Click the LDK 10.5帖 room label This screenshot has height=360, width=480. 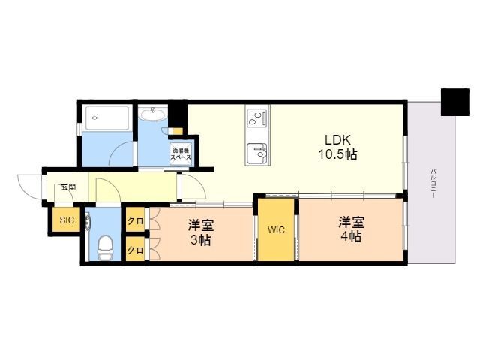(337, 147)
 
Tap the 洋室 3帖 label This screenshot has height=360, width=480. (201, 232)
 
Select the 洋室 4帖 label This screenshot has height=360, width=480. (352, 229)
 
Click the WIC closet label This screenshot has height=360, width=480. (276, 230)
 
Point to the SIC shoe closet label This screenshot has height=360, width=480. (67, 220)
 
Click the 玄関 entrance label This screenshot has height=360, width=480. (68, 187)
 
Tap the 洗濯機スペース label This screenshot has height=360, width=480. (181, 154)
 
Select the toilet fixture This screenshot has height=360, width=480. (105, 247)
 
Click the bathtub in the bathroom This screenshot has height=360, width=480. (106, 118)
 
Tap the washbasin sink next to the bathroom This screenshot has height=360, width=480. (153, 114)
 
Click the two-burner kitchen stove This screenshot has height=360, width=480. (257, 118)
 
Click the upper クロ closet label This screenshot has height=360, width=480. (135, 220)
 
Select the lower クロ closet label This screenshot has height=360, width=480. (135, 250)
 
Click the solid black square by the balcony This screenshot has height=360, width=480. (455, 102)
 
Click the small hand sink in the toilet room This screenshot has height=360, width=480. (88, 222)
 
